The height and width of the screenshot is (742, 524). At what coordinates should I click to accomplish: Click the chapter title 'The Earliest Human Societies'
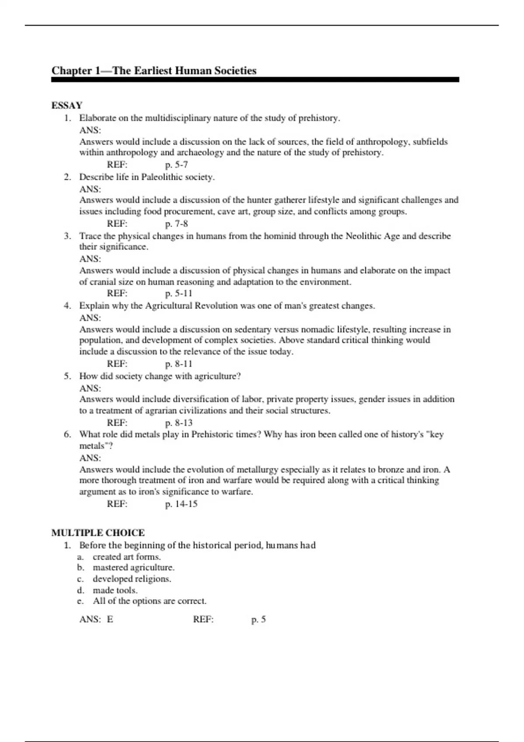tap(184, 71)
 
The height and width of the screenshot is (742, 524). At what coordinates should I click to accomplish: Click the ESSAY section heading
tap(67, 105)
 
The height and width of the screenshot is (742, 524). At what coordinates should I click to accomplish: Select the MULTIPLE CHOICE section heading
tap(98, 532)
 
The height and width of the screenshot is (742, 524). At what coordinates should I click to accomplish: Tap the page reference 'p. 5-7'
tap(176, 165)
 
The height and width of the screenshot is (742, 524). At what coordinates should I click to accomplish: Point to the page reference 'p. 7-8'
tap(176, 223)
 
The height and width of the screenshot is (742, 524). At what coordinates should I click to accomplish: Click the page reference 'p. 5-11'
tap(179, 293)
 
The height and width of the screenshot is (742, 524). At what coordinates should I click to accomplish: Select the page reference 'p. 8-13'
tap(179, 423)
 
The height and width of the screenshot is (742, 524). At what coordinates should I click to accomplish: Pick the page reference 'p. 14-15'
tap(181, 504)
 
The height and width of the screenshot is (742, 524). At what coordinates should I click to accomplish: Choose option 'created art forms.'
tap(127, 557)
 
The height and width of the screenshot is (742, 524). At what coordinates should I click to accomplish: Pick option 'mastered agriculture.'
tap(133, 568)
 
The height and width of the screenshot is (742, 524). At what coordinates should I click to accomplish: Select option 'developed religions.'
tap(132, 579)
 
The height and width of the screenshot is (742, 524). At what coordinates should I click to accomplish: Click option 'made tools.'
tap(115, 590)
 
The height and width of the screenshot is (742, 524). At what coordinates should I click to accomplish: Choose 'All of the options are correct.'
tap(149, 601)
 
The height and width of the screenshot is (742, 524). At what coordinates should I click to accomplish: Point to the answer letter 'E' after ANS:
tap(110, 619)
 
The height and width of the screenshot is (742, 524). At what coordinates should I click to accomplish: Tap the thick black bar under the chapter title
tap(255, 80)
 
